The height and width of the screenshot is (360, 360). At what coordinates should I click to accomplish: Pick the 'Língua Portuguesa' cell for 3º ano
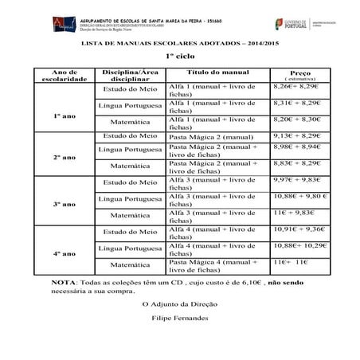[130, 198]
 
